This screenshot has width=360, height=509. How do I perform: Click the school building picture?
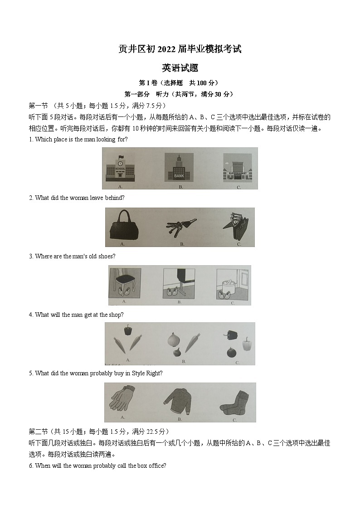tap(120, 168)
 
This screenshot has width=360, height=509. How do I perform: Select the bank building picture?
tap(179, 167)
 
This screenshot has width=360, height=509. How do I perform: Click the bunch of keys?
tap(181, 227)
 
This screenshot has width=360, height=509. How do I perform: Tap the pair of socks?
tap(234, 402)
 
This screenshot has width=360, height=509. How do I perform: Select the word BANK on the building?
tap(179, 175)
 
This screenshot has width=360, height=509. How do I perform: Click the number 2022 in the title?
tap(166, 49)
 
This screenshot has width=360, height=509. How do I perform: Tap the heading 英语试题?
tap(180, 68)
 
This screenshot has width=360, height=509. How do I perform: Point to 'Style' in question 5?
tap(138, 373)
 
